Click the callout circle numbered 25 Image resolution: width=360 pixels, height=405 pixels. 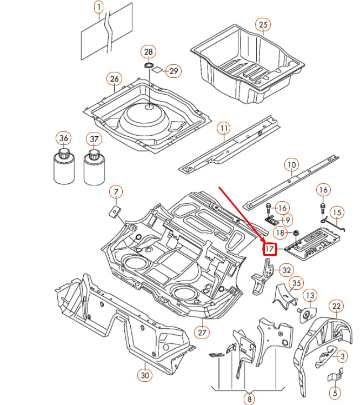(x=263, y=25)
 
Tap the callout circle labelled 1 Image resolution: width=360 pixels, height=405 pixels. (x=98, y=7)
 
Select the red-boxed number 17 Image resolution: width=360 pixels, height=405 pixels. (x=270, y=249)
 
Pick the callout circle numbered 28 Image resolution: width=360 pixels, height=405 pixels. (x=148, y=52)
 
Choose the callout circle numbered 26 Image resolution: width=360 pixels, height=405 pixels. (x=114, y=79)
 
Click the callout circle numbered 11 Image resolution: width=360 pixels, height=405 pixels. (x=224, y=128)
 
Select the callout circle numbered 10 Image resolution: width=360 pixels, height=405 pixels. (x=291, y=164)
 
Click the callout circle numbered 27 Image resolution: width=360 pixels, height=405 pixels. (x=202, y=333)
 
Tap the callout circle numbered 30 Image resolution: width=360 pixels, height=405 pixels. (x=144, y=374)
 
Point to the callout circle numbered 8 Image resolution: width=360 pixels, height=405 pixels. (x=249, y=399)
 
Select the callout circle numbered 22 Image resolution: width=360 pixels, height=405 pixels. (x=336, y=307)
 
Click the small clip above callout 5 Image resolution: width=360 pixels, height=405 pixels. (x=335, y=373)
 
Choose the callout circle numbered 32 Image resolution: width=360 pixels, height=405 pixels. (x=286, y=270)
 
